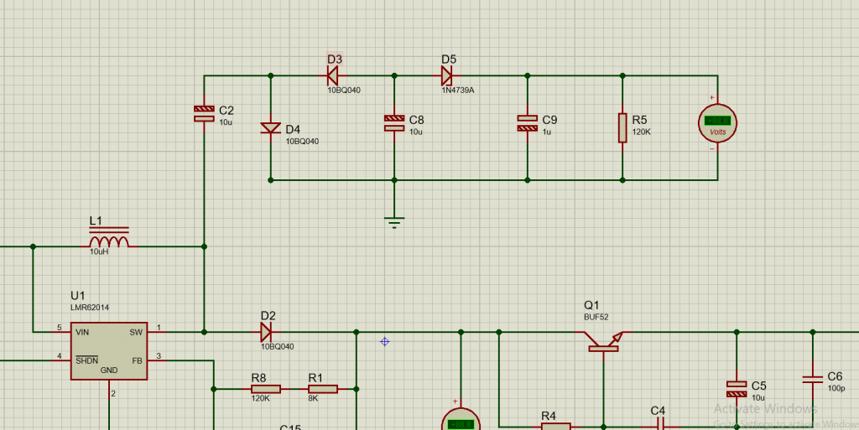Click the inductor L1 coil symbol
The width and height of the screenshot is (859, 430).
coord(109,242)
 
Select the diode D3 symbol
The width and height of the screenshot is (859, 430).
coord(332,75)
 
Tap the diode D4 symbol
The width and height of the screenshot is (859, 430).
coord(270,128)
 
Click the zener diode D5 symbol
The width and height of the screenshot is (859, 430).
coord(446,75)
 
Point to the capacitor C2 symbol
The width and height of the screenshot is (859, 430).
coord(204,113)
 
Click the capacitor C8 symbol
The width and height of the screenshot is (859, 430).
coord(393,122)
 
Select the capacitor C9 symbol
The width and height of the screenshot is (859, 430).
coord(527,122)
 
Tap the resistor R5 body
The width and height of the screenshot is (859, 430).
coord(622,127)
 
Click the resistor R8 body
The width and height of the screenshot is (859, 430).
coord(260,389)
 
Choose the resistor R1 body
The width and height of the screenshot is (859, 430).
coord(321,389)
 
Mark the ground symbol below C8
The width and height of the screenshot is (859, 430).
coord(393,222)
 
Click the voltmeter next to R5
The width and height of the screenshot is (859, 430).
coord(717,123)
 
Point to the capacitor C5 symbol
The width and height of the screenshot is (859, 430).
coord(736,388)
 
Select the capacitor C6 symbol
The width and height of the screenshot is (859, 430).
coord(812,379)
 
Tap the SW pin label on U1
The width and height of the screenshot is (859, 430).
coord(136,333)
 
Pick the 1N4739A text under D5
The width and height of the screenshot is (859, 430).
coord(459,90)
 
